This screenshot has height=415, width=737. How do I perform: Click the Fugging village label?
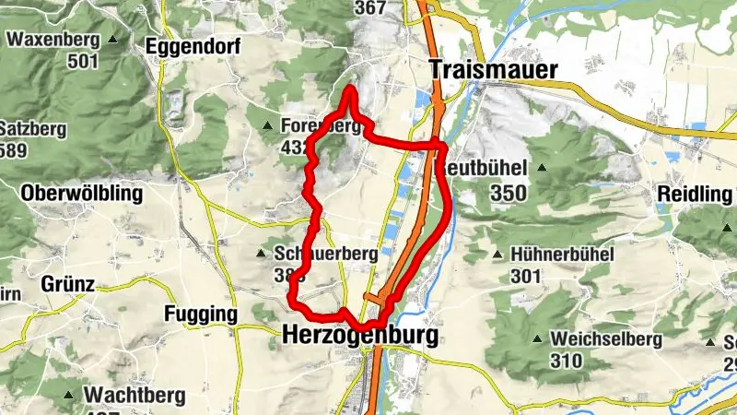200,314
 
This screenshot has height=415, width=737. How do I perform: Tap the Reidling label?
695,195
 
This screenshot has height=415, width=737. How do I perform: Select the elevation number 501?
82,61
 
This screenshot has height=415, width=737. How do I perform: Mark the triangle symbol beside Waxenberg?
112,40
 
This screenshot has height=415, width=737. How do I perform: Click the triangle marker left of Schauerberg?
263,253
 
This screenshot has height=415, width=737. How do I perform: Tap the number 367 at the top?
370,7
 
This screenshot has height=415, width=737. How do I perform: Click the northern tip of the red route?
350,89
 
